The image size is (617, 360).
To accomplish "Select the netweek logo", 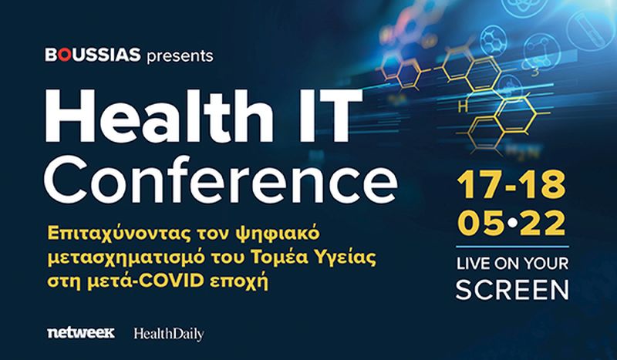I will [x=80, y=333].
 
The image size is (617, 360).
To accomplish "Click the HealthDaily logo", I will [x=168, y=334].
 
